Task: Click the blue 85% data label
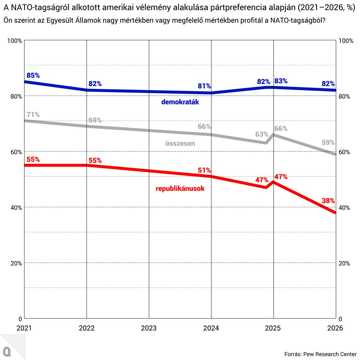(33, 76)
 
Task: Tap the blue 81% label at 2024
(204, 86)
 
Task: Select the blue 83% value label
(281, 81)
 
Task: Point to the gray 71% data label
(33, 115)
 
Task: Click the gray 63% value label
(262, 134)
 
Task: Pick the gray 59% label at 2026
(328, 143)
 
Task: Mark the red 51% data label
(204, 170)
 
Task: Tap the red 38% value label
(328, 201)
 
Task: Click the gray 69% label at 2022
(95, 120)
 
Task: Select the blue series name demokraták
(180, 102)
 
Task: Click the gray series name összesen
(180, 143)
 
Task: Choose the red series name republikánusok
(180, 188)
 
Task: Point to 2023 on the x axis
(149, 328)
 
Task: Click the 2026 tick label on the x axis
(335, 328)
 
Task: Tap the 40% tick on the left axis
(16, 208)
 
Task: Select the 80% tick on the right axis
(344, 97)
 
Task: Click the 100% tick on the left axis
(15, 41)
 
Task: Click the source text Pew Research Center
(330, 354)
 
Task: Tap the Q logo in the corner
(7, 352)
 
